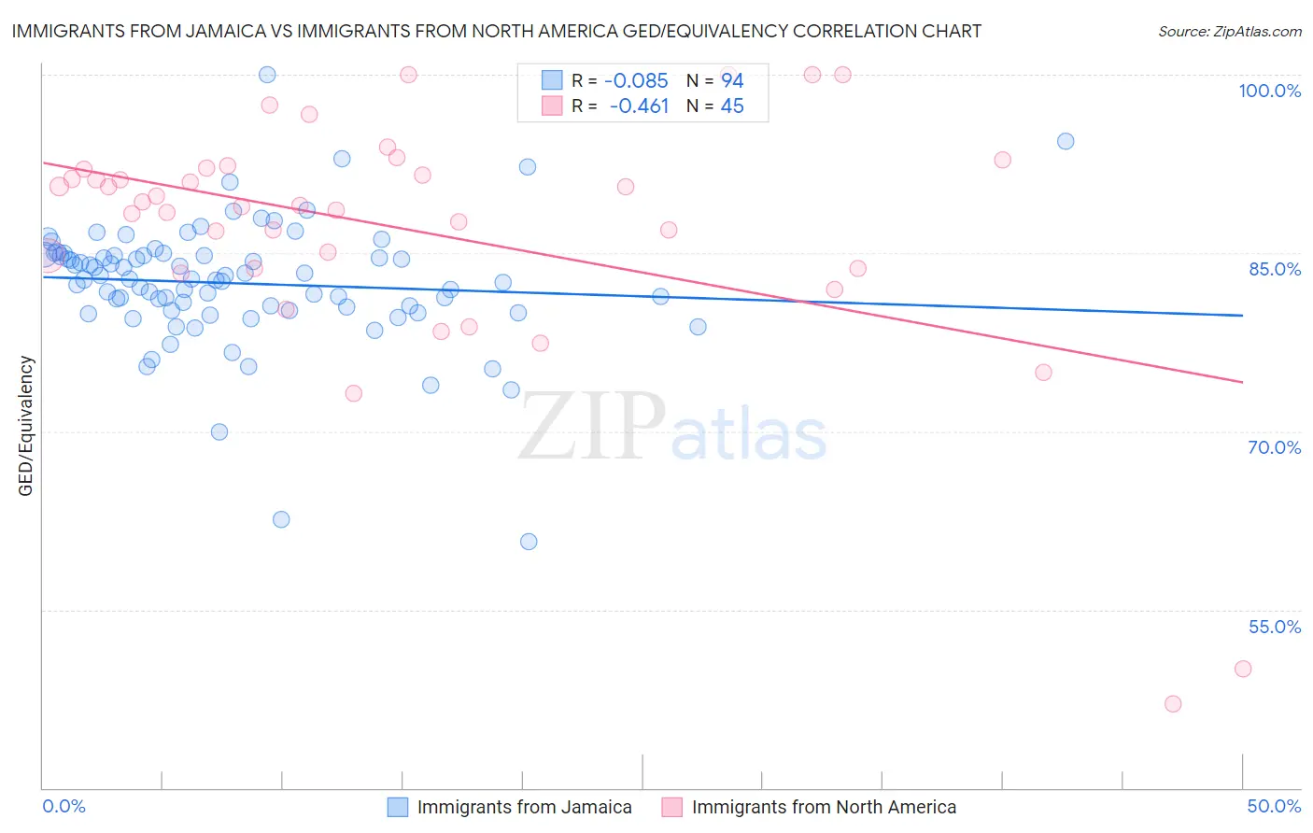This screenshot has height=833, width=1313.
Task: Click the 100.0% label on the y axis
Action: [x=1269, y=91]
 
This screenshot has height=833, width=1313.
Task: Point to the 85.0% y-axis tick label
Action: [x=1275, y=269]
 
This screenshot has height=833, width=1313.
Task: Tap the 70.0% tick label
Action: [x=1275, y=447]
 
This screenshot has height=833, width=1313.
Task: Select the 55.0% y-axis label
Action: [x=1275, y=627]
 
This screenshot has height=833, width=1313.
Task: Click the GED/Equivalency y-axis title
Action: [x=26, y=426]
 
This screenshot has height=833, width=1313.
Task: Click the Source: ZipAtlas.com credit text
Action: [x=1229, y=31]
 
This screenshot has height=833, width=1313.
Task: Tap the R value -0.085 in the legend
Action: [x=636, y=81]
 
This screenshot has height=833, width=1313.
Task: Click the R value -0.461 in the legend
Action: [x=639, y=106]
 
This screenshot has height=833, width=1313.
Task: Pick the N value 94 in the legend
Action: [x=732, y=81]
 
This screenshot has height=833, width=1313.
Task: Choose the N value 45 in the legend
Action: [x=732, y=106]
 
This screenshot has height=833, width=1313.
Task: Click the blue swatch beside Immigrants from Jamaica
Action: [x=398, y=807]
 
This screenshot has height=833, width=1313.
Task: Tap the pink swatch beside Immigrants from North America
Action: [x=671, y=807]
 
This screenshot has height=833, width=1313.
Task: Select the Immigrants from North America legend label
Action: [x=824, y=807]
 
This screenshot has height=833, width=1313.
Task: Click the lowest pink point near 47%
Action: [x=1173, y=704]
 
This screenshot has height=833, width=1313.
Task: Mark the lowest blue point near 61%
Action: [x=529, y=542]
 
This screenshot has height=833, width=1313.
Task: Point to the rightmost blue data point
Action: [x=1066, y=142]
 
